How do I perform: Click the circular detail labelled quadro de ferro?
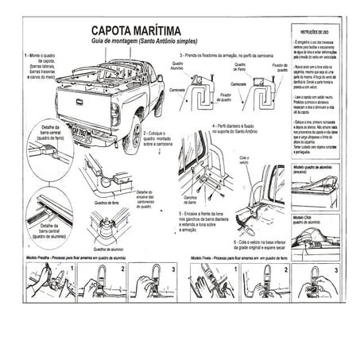click(49, 151)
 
